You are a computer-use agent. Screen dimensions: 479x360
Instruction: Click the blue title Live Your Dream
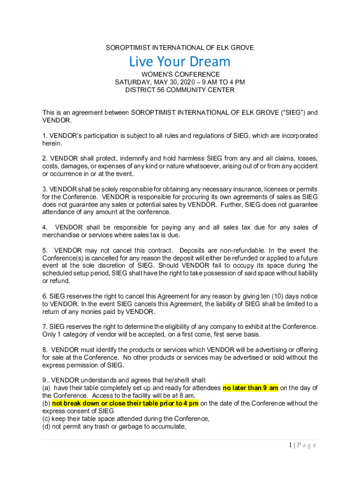click(180, 61)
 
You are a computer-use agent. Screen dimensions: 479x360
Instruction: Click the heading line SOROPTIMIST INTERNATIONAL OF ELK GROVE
click(180, 48)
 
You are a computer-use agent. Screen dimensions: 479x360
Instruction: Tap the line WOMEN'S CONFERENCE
click(180, 74)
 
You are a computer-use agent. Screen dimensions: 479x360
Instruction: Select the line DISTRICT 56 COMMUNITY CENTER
click(180, 90)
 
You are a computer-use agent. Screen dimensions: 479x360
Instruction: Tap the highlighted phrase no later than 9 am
click(251, 388)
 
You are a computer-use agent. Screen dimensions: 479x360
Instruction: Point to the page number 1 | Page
click(302, 445)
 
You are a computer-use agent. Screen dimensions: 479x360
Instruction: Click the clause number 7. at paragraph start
click(45, 327)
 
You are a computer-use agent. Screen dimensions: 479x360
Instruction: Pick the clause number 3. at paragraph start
click(45, 189)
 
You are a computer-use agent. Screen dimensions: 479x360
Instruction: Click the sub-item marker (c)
click(46, 419)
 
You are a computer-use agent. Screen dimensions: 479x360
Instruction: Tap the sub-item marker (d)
click(46, 426)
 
